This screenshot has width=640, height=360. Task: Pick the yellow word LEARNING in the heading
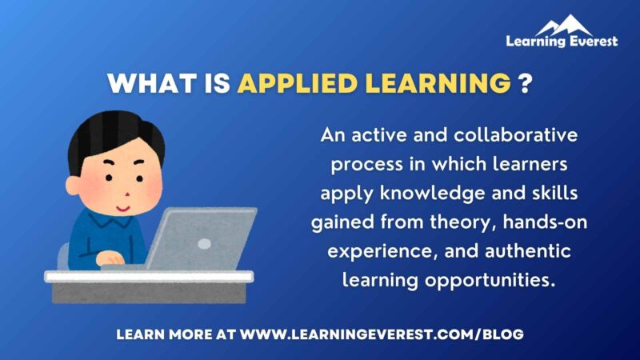click(431, 83)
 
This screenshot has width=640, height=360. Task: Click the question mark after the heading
click(526, 83)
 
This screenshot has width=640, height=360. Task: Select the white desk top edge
click(149, 276)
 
